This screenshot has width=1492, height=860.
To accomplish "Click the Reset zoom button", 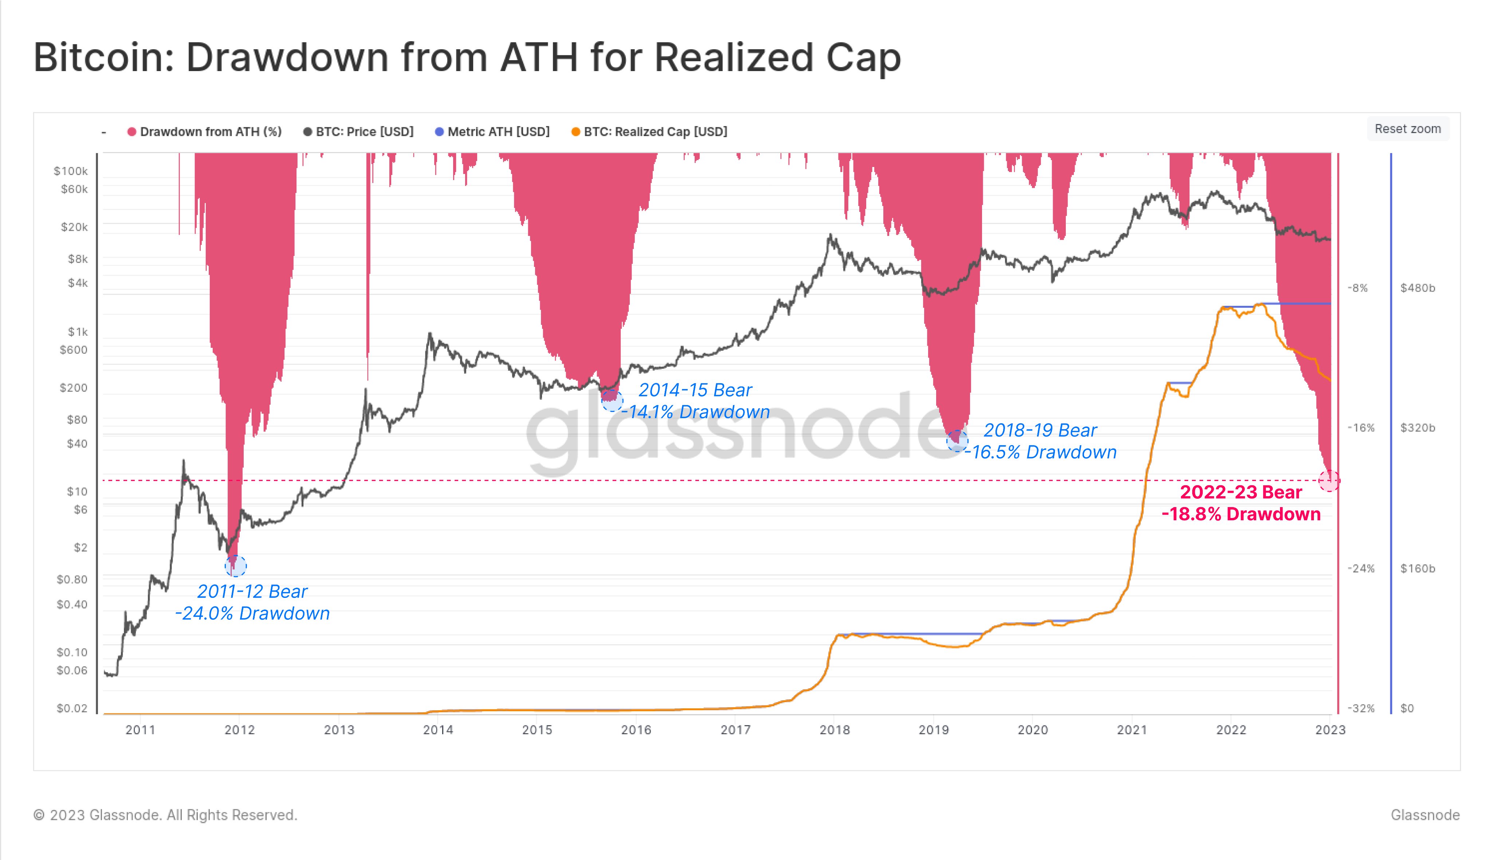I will click(x=1407, y=129).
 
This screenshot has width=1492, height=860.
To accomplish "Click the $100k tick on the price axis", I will click(x=71, y=171).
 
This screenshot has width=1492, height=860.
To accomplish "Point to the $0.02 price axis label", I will click(x=72, y=708).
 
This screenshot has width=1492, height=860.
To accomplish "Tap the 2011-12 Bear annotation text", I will click(x=252, y=591).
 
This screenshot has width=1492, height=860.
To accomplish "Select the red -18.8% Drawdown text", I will click(x=1241, y=514).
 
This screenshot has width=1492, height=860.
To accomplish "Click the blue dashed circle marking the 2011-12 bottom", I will click(x=235, y=566).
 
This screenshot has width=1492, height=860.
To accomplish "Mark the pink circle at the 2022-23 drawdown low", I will click(x=1328, y=481).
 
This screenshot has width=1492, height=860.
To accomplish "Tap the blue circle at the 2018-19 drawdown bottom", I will click(x=957, y=441).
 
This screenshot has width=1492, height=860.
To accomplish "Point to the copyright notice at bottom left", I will click(x=165, y=815).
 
